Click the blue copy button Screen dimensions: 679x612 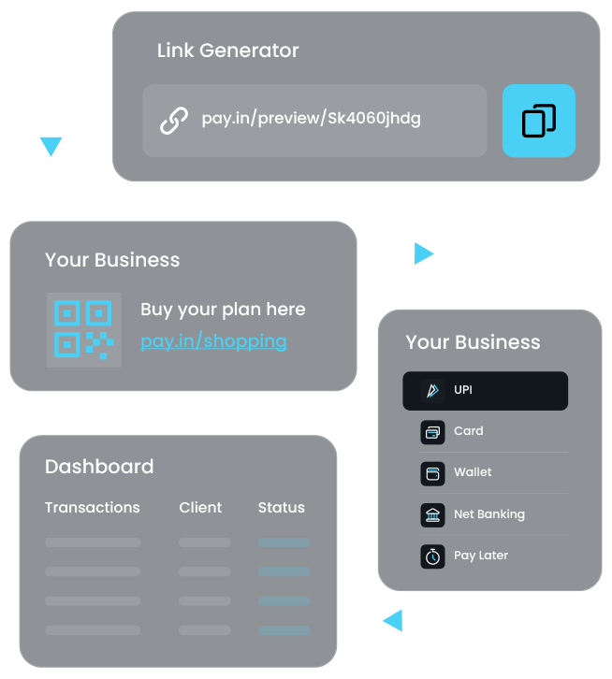[538, 121]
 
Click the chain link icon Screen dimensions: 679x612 [173, 121]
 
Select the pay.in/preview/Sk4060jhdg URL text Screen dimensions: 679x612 [311, 119]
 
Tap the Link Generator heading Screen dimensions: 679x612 [227, 51]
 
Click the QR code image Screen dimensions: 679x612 [83, 329]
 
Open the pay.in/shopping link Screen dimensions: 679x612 [213, 340]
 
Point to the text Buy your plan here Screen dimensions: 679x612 [223, 309]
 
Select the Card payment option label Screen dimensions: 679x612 [468, 431]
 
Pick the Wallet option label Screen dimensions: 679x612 [473, 472]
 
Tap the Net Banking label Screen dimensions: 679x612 [488, 513]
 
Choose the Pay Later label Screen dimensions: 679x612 [481, 555]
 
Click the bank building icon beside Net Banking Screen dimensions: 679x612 [432, 513]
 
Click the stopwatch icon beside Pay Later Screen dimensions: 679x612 [432, 556]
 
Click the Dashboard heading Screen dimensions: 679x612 [99, 467]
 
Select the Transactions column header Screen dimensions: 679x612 [92, 507]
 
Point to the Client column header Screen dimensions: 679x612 [200, 507]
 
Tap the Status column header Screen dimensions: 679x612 [281, 507]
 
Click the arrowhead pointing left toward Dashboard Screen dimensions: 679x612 [392, 619]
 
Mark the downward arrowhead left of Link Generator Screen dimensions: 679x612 [51, 146]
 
